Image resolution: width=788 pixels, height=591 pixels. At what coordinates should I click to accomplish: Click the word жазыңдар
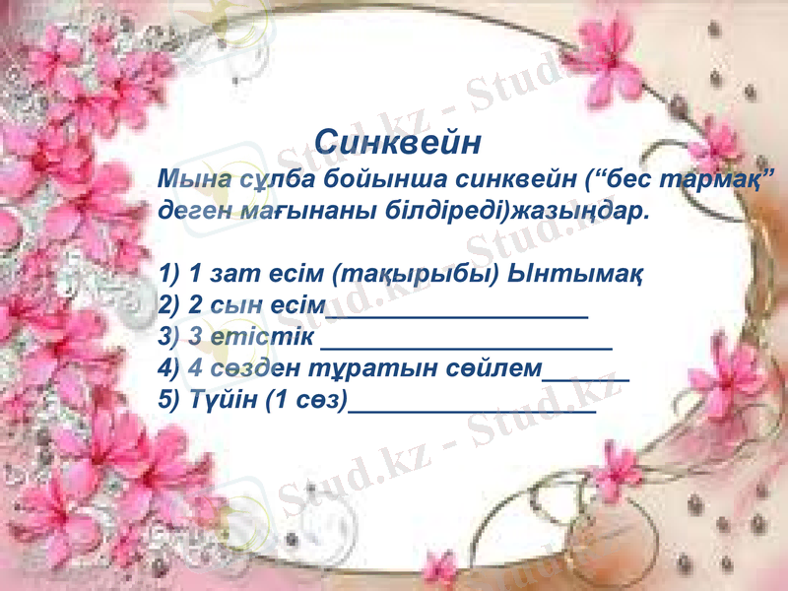585,211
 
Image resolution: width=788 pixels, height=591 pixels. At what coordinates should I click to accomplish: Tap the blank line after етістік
467,346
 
